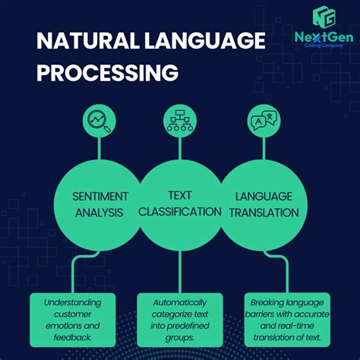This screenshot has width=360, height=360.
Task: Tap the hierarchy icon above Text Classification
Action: click(181, 119)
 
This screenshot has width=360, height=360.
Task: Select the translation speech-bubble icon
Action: click(263, 119)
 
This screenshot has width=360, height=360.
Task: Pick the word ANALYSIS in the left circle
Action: click(99, 212)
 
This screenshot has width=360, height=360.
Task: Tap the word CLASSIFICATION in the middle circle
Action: click(181, 211)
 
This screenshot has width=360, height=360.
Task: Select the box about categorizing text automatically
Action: click(181, 319)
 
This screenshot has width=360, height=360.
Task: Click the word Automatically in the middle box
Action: click(181, 302)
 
